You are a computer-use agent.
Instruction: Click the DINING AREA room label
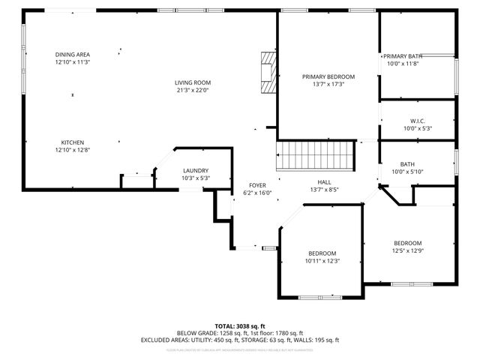point(73,54)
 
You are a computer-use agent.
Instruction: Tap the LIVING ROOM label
point(193,82)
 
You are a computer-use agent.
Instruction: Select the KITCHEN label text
point(73,142)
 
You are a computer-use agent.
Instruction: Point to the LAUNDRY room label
point(196,170)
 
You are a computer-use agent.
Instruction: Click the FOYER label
point(258,184)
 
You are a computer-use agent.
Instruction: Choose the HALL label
point(324,181)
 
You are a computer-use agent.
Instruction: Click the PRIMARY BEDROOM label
point(328,76)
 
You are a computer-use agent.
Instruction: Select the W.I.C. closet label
point(418,121)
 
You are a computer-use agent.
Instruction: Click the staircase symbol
point(315,155)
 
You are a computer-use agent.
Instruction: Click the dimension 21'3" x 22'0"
point(193,91)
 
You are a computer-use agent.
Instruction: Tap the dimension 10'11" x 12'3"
point(322,261)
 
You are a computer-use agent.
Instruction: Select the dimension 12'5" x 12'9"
point(408,251)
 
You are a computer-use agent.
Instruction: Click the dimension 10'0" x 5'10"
point(408,172)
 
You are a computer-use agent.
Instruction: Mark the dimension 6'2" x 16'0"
point(258,193)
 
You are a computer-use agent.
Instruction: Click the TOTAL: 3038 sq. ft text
point(239,326)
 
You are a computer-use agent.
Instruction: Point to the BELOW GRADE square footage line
point(239,333)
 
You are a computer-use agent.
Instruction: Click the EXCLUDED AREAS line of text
point(239,340)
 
